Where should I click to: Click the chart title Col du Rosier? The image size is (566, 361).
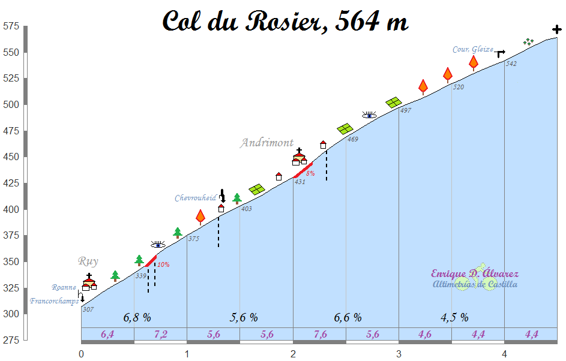click(286, 22)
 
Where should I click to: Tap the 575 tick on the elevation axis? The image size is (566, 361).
click(11, 26)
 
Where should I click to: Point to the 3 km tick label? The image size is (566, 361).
click(399, 354)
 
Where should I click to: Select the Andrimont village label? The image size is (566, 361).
click(267, 143)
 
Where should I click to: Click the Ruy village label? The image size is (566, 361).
click(88, 261)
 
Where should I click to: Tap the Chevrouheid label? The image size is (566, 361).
click(195, 198)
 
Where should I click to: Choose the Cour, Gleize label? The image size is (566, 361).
click(473, 50)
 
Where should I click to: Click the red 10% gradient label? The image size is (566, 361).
click(163, 264)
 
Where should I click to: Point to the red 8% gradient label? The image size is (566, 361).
click(310, 173)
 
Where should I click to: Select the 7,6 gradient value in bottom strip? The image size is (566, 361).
click(319, 335)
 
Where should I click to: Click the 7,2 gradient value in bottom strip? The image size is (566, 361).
click(160, 335)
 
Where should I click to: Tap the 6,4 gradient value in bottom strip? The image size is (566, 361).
click(107, 335)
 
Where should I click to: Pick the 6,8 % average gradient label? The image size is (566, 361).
click(137, 317)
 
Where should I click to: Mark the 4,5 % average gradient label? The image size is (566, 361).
click(454, 317)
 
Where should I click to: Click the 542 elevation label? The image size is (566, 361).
click(511, 64)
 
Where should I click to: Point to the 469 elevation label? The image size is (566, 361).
click(352, 140)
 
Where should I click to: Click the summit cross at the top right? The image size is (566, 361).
click(557, 29)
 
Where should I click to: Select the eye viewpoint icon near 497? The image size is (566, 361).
click(369, 115)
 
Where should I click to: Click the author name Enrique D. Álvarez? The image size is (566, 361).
click(475, 274)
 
